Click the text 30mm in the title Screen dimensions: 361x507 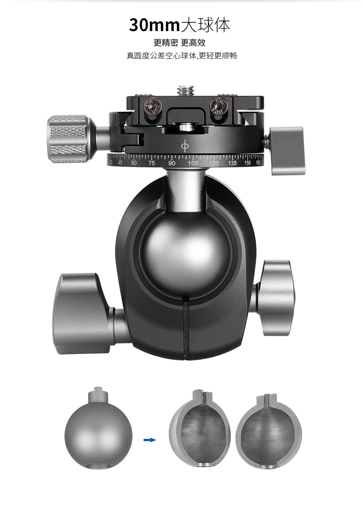[154, 25]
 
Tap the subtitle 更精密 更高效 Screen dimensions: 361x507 [180, 42]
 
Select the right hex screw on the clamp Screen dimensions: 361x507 [220, 105]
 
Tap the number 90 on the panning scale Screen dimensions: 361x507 [172, 163]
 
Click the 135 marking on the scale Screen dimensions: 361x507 [232, 163]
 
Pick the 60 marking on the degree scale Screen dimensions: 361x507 [134, 163]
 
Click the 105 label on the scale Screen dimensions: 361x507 [193, 163]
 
